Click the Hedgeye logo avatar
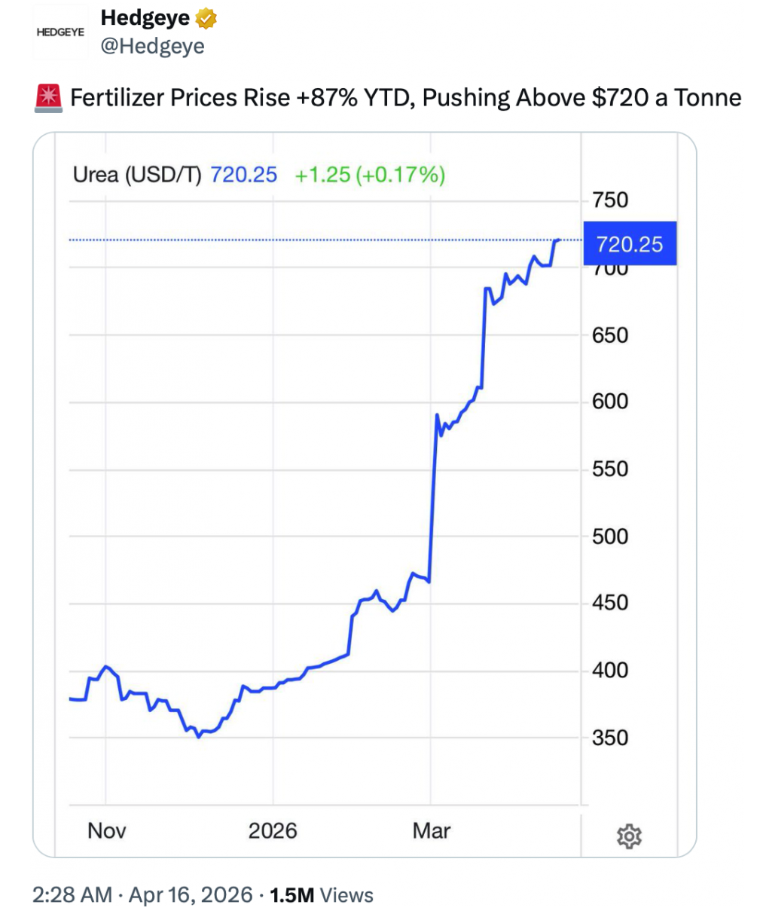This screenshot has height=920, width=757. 60,33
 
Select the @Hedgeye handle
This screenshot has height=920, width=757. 153,46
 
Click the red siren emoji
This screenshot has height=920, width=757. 49,98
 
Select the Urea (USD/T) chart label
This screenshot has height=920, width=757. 138,175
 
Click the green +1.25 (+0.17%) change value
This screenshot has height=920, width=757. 370,175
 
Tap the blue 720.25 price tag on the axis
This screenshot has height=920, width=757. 630,244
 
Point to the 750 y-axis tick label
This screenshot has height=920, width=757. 610,200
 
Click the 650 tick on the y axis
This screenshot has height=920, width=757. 610,335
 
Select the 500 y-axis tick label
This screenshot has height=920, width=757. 610,536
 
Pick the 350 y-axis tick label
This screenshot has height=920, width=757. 610,737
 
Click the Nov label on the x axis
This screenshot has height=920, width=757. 106,830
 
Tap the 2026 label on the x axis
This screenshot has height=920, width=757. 273,830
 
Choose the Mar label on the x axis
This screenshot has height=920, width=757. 432,830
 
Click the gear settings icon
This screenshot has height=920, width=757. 629,836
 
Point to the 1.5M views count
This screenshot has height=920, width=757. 292,895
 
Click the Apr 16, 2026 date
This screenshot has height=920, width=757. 191,895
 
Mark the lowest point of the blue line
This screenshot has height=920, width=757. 198,736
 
